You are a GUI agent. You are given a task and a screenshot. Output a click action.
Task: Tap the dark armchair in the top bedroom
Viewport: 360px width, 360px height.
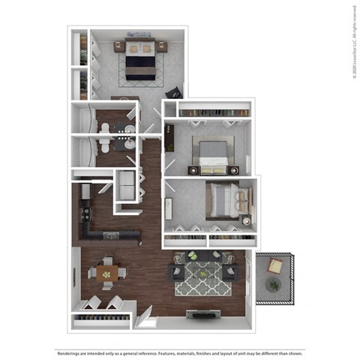point(172,93)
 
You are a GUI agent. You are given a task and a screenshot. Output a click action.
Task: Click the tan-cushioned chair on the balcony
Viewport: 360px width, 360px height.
point(276,265)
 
